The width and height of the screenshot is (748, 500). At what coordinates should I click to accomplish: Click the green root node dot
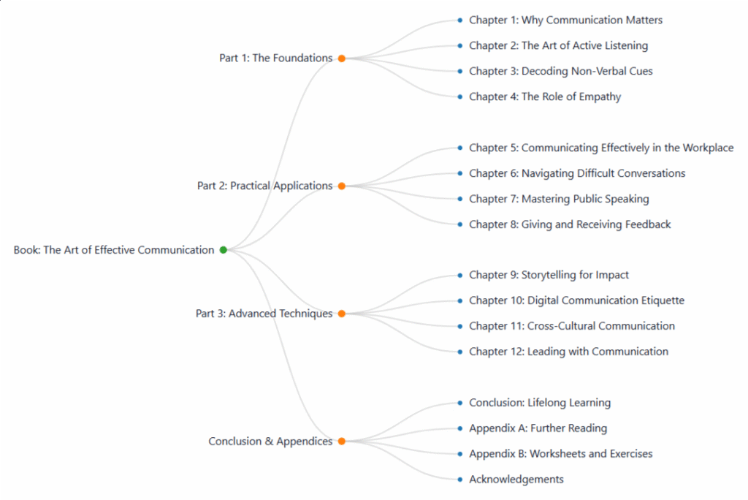pyautogui.click(x=224, y=250)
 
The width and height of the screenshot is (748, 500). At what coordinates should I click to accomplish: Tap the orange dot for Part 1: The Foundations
pyautogui.click(x=341, y=58)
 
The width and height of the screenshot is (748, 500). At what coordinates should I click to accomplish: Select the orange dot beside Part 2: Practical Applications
pyautogui.click(x=341, y=186)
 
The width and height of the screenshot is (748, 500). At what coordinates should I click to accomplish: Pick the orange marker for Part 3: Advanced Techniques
pyautogui.click(x=341, y=314)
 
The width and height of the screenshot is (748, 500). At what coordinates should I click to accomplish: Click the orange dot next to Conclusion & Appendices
pyautogui.click(x=341, y=442)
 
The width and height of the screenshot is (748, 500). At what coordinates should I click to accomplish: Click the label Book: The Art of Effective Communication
pyautogui.click(x=114, y=250)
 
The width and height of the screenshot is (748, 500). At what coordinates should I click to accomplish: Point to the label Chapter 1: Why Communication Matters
pyautogui.click(x=565, y=20)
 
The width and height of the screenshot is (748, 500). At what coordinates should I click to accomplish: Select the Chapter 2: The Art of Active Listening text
pyautogui.click(x=558, y=45)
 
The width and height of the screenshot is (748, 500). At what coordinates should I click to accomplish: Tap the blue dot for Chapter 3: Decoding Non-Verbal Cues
pyautogui.click(x=460, y=71)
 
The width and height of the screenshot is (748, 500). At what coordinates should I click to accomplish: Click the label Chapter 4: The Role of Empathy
pyautogui.click(x=545, y=96)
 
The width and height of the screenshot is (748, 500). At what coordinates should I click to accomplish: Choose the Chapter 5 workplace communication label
pyautogui.click(x=601, y=148)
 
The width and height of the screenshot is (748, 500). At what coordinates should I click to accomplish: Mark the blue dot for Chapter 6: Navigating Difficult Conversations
pyautogui.click(x=460, y=173)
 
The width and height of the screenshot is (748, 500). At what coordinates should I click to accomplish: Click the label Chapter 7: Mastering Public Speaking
pyautogui.click(x=559, y=199)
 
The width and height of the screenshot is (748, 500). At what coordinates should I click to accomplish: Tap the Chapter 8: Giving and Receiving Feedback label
pyautogui.click(x=570, y=224)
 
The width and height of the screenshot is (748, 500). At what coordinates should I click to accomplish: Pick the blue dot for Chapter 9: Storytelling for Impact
pyautogui.click(x=460, y=276)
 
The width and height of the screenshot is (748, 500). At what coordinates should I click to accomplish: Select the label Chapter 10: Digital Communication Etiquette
pyautogui.click(x=576, y=300)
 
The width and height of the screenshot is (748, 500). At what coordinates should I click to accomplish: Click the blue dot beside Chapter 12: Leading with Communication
pyautogui.click(x=460, y=352)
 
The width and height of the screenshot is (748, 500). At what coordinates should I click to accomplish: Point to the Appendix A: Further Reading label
pyautogui.click(x=538, y=428)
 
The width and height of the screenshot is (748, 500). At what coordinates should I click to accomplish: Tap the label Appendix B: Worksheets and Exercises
pyautogui.click(x=560, y=454)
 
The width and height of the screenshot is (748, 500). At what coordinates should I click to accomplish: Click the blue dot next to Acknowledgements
pyautogui.click(x=460, y=480)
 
